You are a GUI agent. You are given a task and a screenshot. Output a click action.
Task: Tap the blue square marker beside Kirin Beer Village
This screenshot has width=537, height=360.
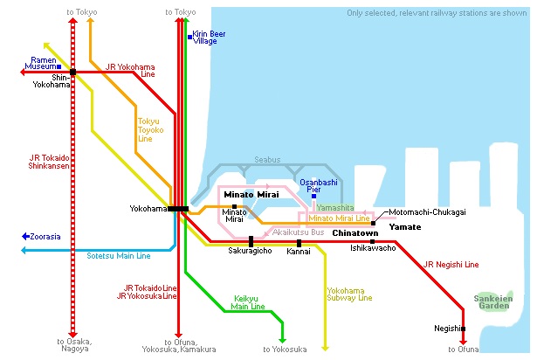coord(190,36)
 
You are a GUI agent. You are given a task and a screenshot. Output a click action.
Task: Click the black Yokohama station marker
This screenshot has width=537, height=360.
coord(178,208)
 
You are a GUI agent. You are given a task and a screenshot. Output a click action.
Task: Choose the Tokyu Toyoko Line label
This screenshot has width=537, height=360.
coord(150,129)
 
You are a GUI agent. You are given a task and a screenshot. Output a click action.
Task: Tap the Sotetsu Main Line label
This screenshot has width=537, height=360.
coord(119,256)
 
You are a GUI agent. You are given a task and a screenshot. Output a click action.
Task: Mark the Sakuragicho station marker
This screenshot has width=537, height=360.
coord(251,240)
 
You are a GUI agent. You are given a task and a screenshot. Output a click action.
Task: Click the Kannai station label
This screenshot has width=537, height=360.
coord(299,251)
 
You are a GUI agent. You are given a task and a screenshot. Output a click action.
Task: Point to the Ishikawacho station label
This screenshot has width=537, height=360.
coord(373,248)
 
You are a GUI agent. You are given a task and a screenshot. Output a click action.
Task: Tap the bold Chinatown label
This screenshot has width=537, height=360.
coord(355,233)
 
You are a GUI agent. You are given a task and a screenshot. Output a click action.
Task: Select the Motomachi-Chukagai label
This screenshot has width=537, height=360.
coord(427,211)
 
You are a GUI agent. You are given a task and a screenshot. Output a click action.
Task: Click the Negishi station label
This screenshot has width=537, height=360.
coord(446,329)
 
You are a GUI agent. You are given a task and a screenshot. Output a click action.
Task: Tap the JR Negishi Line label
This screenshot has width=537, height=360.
coord(451,264)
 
